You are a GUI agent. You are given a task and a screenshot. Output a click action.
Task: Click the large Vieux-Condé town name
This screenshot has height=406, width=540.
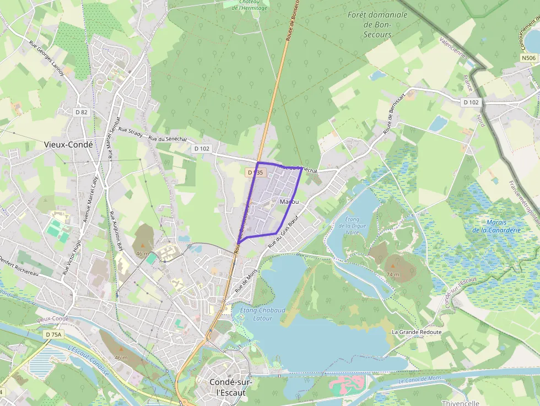click(68, 144)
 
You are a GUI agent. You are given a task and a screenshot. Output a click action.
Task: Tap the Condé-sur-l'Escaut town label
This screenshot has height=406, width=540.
click(227, 387)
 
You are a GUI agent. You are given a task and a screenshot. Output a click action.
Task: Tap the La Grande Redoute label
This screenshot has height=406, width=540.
click(417, 332)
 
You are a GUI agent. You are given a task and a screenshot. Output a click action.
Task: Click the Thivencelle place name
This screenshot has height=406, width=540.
click(461, 403)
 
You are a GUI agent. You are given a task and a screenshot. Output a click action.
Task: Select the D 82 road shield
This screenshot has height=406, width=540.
click(81, 112)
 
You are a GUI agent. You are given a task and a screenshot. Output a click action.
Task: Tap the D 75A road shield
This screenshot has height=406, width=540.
click(54, 334)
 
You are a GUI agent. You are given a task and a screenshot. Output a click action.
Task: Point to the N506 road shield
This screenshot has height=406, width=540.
click(528, 57)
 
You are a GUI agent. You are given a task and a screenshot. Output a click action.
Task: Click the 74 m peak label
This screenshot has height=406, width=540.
click(393, 274)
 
